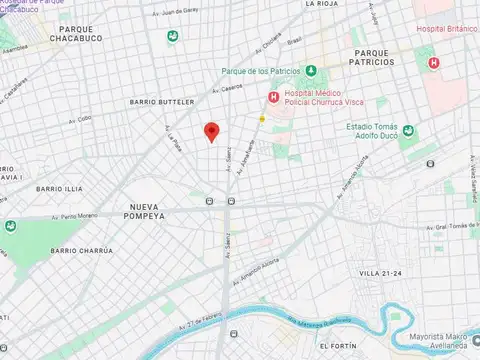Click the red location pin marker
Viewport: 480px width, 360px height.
211,131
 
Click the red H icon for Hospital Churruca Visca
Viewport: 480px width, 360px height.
272,97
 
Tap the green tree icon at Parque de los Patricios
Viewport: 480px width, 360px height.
311,70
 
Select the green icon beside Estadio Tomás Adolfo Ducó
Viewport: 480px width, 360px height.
408,131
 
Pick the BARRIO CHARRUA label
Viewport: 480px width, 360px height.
82,250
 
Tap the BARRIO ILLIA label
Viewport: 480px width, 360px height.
59,188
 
